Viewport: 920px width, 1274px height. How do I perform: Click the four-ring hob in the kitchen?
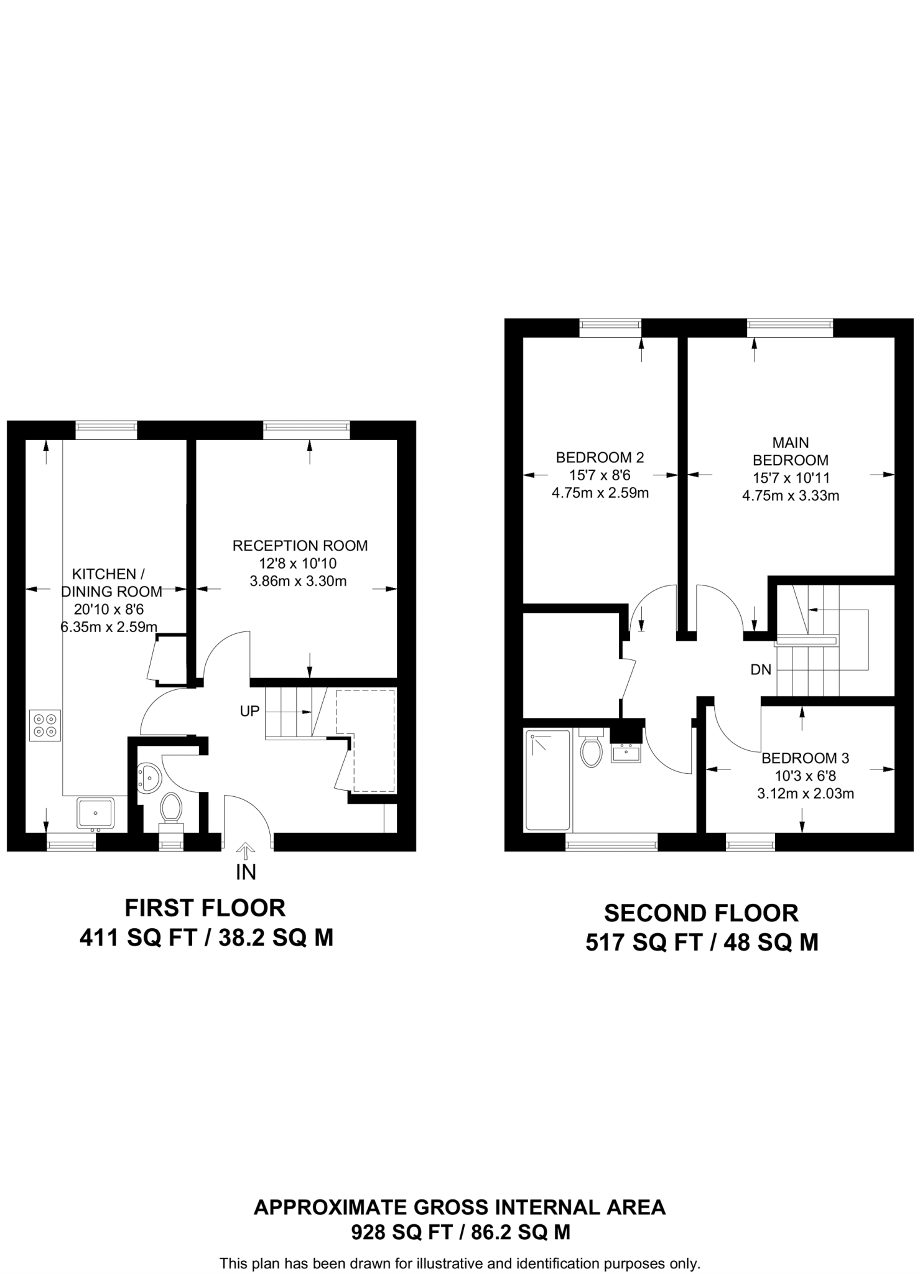(45, 725)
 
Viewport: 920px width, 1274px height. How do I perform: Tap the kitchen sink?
(95, 813)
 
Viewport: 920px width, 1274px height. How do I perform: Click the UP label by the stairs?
(249, 711)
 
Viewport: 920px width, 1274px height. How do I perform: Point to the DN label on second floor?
(761, 669)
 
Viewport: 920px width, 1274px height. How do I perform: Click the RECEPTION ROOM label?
(300, 546)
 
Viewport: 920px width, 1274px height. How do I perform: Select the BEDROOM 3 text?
(805, 758)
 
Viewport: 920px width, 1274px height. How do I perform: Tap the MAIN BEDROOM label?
(791, 452)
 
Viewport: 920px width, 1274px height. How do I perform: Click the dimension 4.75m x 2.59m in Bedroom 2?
(600, 493)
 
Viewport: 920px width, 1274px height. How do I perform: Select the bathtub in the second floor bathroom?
(548, 780)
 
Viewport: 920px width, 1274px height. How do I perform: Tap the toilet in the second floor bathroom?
(591, 749)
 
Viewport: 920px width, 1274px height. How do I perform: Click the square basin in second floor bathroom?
(626, 754)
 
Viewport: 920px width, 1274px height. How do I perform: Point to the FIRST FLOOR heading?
(205, 908)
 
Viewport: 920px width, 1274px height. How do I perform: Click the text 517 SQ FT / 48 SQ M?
(701, 943)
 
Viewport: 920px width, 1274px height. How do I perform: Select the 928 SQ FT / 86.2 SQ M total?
(460, 1232)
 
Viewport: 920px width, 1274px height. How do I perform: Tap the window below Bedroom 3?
(750, 845)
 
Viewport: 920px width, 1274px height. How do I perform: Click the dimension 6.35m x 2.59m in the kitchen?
(109, 627)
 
